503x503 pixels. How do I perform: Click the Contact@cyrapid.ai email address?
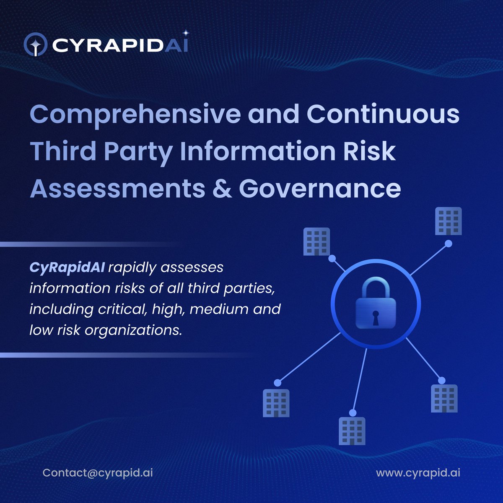pyautogui.click(x=98, y=473)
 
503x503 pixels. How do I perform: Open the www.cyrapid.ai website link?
pyautogui.click(x=418, y=473)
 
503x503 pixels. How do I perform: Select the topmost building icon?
pyautogui.click(x=449, y=221)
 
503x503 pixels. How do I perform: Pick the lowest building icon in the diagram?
pyautogui.click(x=352, y=431)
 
